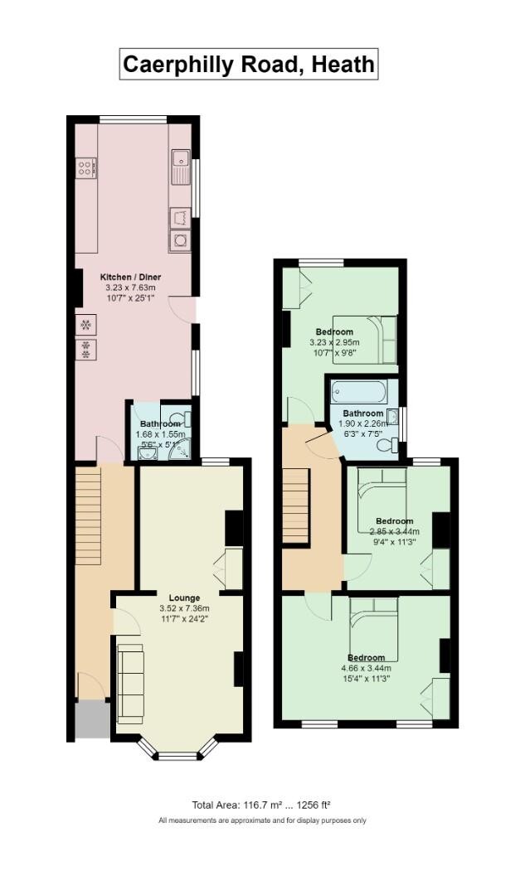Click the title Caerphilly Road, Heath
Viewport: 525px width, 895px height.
click(249, 64)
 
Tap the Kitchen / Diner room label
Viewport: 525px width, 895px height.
click(130, 277)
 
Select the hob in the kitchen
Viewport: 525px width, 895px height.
click(85, 168)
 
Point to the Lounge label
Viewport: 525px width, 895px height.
click(184, 597)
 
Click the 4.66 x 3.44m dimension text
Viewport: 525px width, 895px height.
click(366, 668)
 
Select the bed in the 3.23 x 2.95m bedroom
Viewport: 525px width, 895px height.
click(365, 340)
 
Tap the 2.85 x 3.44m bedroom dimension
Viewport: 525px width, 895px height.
click(395, 532)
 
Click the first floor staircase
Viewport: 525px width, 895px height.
click(295, 505)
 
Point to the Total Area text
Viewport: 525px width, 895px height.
click(261, 805)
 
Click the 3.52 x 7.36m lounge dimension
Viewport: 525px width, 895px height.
click(184, 608)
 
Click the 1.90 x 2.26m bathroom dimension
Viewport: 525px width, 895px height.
click(363, 423)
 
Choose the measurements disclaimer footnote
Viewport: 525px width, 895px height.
click(262, 820)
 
